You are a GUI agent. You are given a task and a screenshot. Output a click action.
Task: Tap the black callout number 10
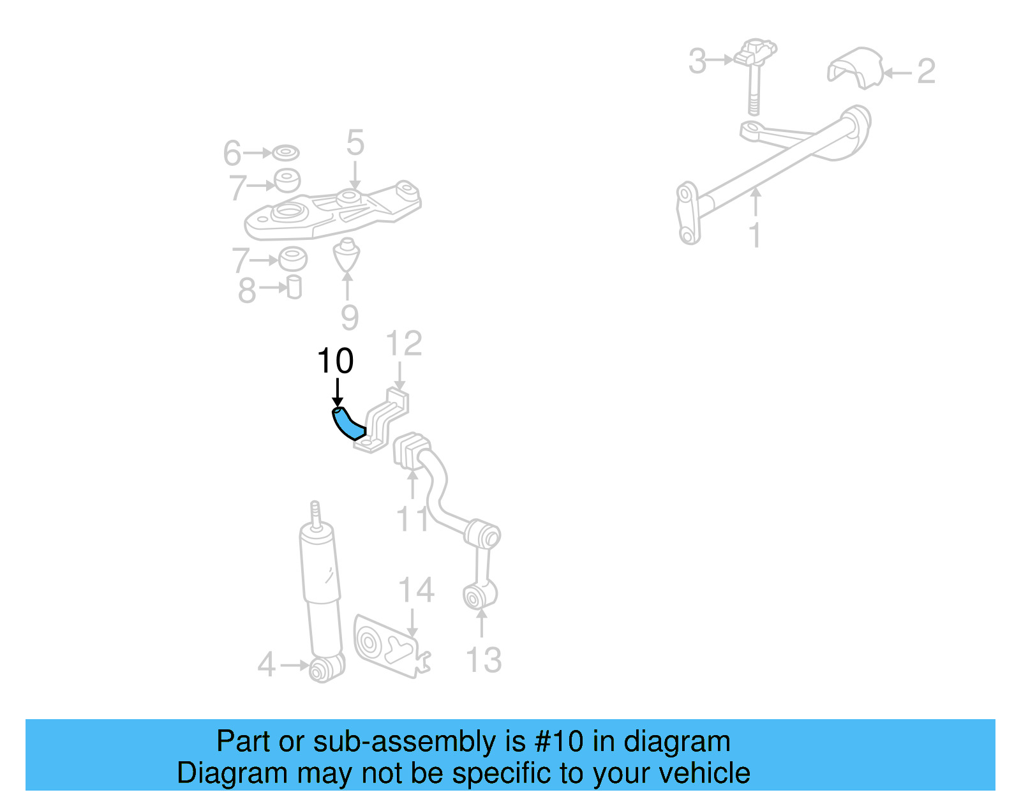tap(335, 362)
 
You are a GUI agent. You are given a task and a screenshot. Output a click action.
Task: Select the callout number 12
tap(404, 344)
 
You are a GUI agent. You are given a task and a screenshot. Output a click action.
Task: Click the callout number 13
tap(484, 660)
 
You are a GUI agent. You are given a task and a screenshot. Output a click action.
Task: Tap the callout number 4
tap(266, 665)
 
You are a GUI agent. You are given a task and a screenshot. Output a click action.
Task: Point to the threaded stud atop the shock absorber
tap(315, 512)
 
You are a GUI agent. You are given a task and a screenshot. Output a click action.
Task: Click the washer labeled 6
tap(285, 153)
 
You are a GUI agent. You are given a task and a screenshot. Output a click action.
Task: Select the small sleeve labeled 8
tap(294, 287)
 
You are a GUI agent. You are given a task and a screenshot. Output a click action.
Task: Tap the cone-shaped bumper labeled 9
tap(347, 256)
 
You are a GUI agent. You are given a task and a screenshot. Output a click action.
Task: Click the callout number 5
tap(355, 143)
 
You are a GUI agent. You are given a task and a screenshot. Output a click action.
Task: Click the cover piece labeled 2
tap(855, 68)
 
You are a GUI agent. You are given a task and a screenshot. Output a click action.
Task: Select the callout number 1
tap(755, 235)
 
